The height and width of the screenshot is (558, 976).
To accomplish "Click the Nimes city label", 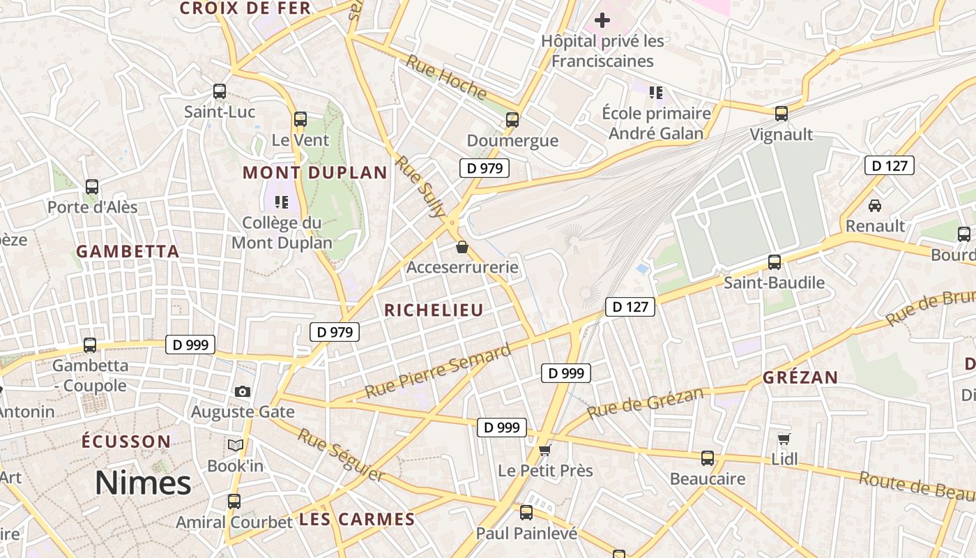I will tap(143, 483).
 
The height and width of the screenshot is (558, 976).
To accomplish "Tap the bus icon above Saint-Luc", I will tap(220, 91).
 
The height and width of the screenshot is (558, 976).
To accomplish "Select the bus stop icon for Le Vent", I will tap(300, 119).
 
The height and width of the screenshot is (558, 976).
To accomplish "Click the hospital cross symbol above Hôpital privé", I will tap(602, 20).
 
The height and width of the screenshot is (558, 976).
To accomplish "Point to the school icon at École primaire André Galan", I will tap(655, 92).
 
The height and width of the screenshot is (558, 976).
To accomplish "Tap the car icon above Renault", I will tap(874, 205).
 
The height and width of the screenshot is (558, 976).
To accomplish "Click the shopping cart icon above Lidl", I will tap(784, 439).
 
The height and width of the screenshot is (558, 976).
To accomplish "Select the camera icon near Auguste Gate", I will tap(243, 391).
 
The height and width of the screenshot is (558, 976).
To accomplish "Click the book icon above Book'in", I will tap(236, 444).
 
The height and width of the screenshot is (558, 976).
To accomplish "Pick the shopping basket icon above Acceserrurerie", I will tap(462, 247).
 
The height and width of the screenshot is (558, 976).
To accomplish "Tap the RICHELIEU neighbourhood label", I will tap(434, 310).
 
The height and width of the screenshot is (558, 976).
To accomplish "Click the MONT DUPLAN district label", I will tap(314, 172).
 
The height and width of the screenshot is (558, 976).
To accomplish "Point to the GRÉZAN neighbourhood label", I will tap(800, 377).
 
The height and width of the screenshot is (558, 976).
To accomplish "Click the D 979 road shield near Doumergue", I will tap(485, 167).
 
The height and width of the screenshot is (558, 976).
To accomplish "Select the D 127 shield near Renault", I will tap(889, 165).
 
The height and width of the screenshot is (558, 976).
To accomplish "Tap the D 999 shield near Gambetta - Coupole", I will tap(190, 344).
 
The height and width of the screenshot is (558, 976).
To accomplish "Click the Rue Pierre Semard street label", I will tap(438, 372).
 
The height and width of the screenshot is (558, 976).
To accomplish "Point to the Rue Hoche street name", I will tap(446, 77).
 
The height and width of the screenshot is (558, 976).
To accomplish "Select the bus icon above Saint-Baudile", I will tap(775, 262).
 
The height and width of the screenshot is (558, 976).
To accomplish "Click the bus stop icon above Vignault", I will tap(781, 113).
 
